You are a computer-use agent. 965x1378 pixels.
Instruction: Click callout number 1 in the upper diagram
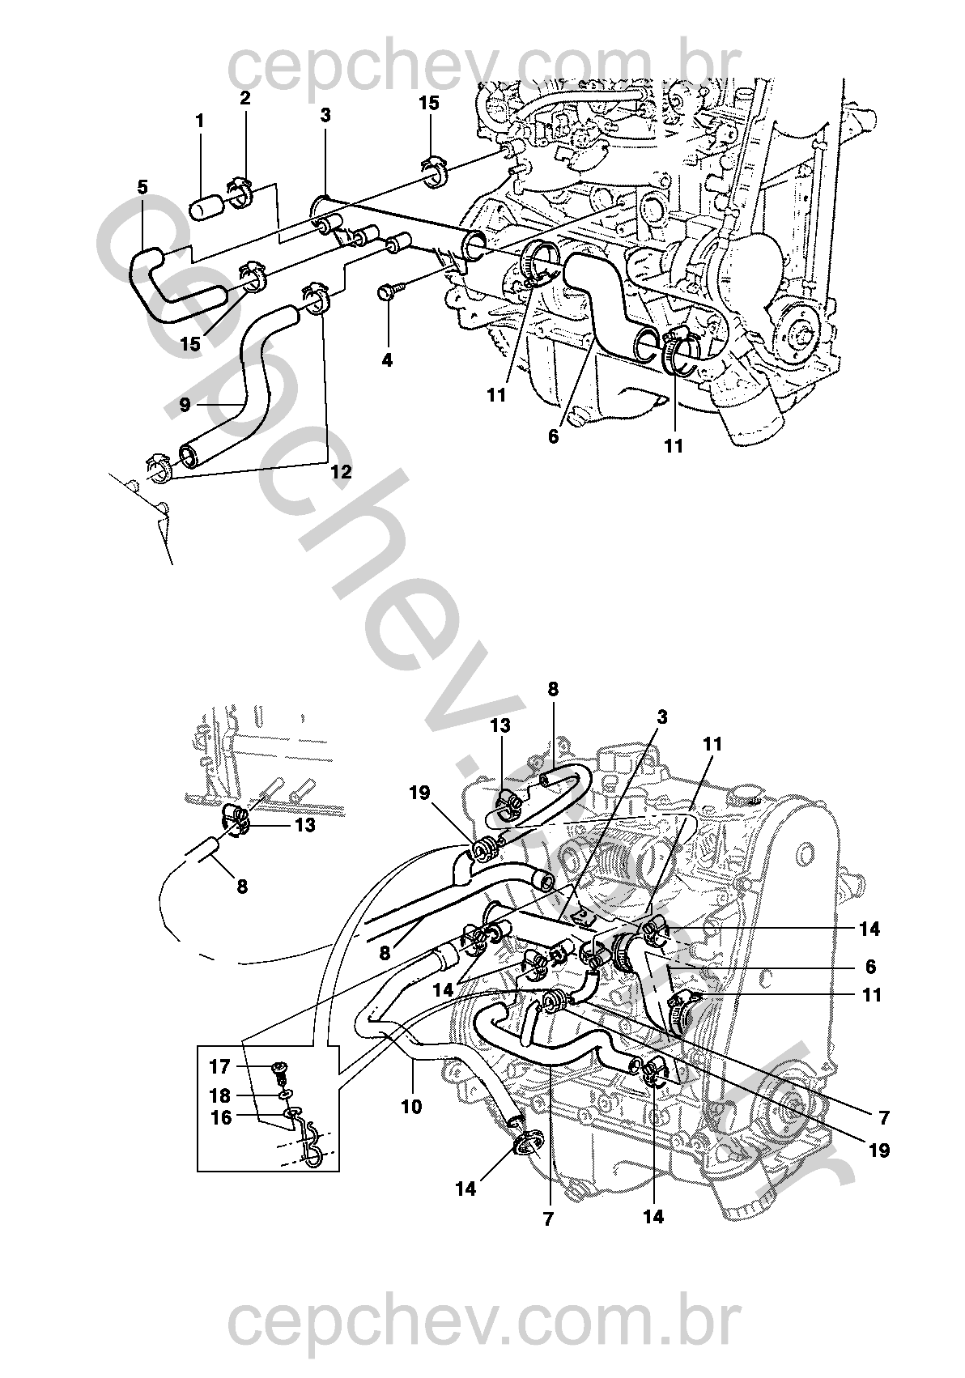(199, 121)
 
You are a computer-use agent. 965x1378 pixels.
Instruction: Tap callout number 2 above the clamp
(244, 99)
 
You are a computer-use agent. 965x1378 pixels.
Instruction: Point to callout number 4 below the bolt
(387, 360)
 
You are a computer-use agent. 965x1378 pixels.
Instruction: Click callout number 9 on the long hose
(185, 404)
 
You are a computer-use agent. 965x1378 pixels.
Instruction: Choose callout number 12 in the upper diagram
(341, 471)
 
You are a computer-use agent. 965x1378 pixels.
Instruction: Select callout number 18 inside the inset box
(219, 1095)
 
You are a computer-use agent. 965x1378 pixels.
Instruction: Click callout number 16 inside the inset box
(220, 1117)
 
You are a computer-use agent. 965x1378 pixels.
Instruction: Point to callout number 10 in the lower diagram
(411, 1105)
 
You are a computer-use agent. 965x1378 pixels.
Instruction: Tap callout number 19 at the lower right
(879, 1149)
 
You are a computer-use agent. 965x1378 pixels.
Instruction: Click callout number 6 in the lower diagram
(870, 967)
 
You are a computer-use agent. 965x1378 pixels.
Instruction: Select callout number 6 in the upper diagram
(553, 436)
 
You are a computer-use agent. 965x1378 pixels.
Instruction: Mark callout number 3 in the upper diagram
(325, 116)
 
